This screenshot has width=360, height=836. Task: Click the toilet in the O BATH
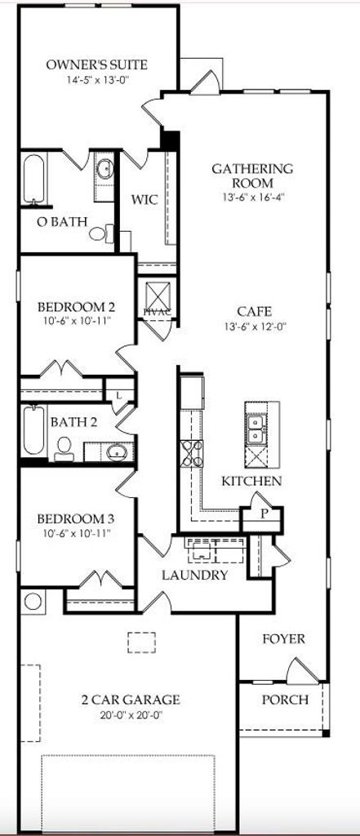(101, 233)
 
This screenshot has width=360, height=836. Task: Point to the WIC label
(144, 200)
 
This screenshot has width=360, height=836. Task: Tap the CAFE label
(255, 311)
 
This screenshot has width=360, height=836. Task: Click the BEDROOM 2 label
(76, 308)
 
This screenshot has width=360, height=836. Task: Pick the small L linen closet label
(118, 395)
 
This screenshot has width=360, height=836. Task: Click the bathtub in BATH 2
(33, 431)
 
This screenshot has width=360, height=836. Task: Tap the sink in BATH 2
(116, 452)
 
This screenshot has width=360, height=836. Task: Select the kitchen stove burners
(192, 453)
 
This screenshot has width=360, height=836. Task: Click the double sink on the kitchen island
(257, 429)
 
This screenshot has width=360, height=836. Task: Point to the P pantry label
(262, 514)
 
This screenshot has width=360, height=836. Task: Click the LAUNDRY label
(194, 576)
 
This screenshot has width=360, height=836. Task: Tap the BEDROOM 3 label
(76, 518)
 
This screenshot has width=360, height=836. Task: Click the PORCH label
(285, 700)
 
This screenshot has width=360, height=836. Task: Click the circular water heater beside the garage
(33, 601)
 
